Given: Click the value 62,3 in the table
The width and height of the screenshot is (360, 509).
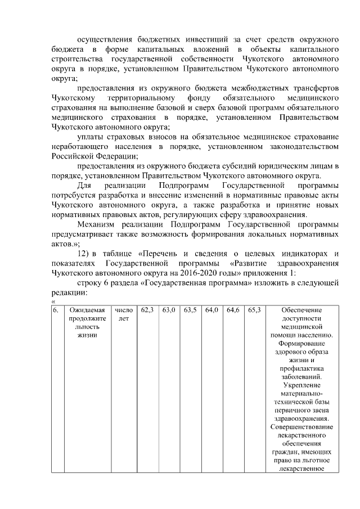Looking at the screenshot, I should [x=148, y=310].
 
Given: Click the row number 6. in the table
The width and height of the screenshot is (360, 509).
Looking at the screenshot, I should [x=55, y=310].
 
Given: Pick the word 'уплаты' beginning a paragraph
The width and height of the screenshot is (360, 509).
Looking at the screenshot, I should [x=90, y=137].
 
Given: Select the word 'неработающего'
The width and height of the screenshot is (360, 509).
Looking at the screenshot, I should [x=79, y=146].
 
